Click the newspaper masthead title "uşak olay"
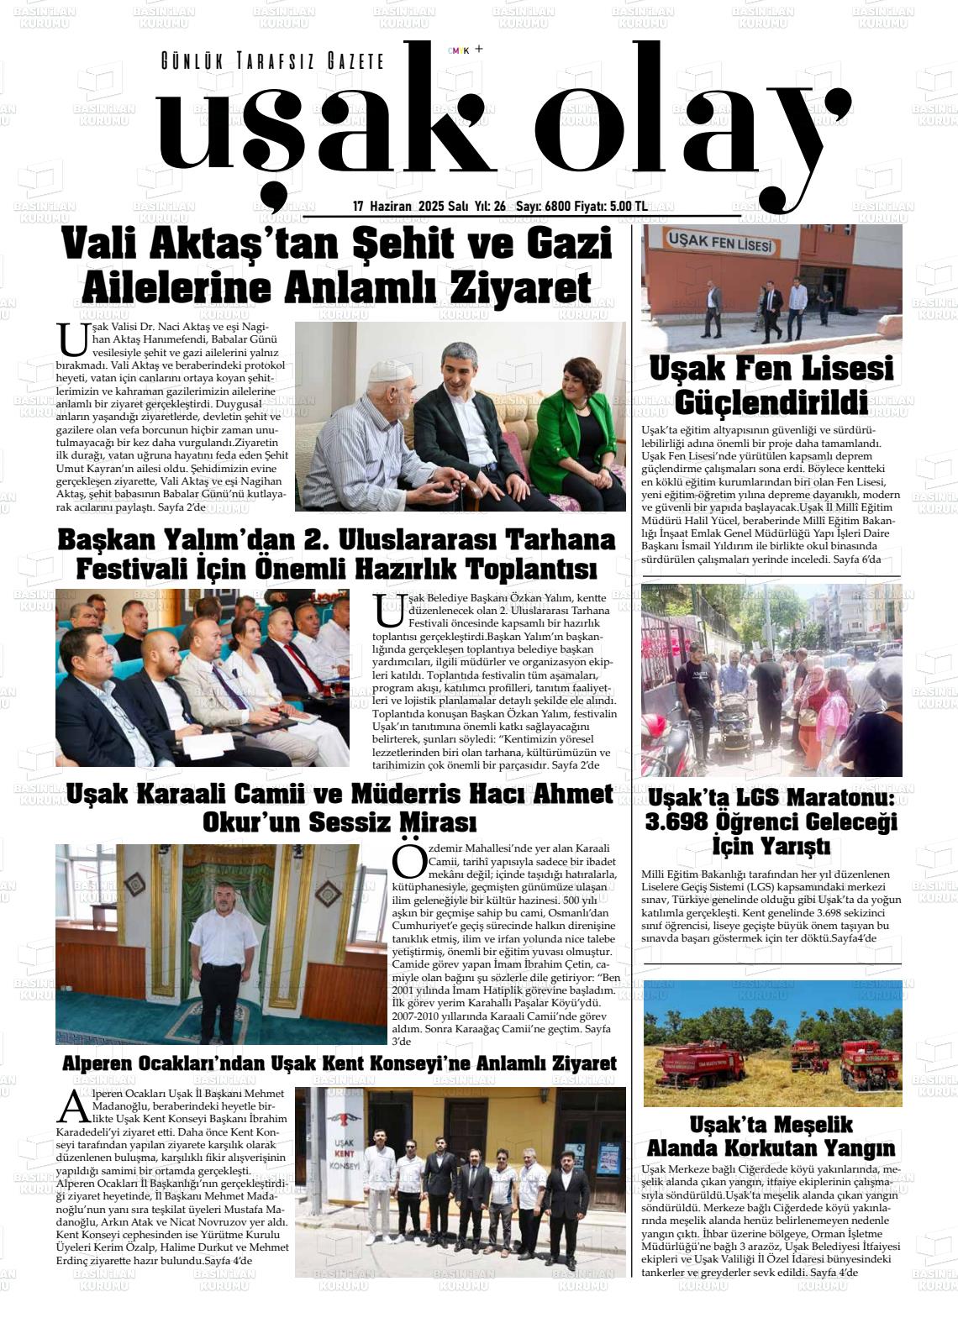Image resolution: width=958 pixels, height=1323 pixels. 496,126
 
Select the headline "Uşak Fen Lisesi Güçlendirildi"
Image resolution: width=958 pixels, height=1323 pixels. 771,386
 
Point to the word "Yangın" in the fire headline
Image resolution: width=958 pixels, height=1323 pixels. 856,1147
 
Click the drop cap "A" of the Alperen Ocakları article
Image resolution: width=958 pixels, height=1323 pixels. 72,1106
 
